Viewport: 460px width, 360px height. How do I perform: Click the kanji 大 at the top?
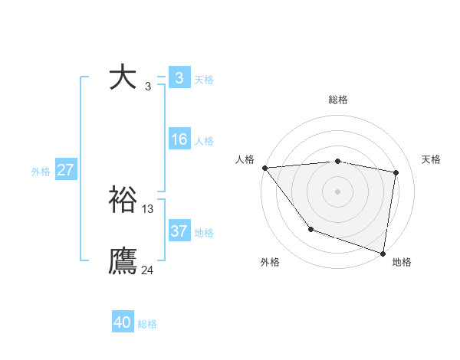point(123,77)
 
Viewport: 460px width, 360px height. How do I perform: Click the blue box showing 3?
point(179,77)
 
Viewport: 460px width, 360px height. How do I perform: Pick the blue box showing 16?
point(179,139)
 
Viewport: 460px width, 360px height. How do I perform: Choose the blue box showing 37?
point(179,231)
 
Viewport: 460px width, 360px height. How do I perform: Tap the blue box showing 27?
point(65,170)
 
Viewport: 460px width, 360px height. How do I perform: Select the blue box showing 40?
point(123,322)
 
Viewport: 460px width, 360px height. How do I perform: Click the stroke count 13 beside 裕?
point(148,208)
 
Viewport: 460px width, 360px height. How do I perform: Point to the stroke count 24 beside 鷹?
point(147,270)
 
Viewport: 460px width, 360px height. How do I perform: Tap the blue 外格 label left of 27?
point(41,172)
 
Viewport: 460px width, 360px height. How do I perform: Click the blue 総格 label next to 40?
point(147,324)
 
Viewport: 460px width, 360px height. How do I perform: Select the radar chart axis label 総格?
point(338,100)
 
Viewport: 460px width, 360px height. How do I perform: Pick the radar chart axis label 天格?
point(432,159)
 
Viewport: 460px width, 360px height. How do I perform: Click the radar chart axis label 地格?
point(402,262)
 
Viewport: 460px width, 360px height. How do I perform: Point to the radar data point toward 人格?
point(264,168)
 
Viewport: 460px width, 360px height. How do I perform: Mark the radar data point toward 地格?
point(383,253)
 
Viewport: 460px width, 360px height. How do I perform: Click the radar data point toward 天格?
point(396,172)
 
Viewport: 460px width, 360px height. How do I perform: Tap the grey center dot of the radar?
point(337,191)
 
